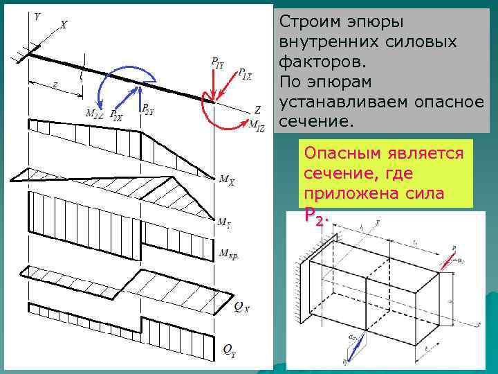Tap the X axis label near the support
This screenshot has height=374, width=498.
click(x=64, y=25)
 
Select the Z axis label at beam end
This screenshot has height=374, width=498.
click(x=257, y=109)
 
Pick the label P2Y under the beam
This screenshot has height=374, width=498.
click(x=148, y=109)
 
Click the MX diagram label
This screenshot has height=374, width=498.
click(x=226, y=180)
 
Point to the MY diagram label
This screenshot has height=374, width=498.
click(x=225, y=222)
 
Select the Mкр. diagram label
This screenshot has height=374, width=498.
click(x=230, y=253)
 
